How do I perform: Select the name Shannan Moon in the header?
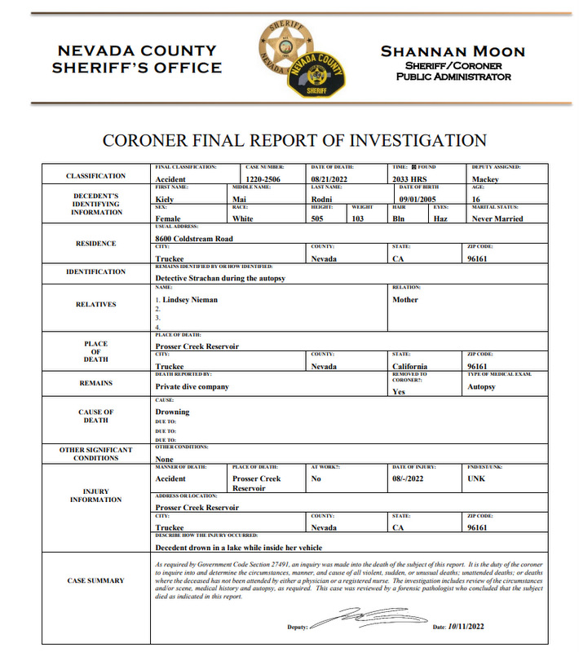click(x=453, y=51)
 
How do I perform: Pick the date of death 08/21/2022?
click(x=334, y=179)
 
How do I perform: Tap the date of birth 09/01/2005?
click(x=421, y=199)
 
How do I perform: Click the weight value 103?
click(x=357, y=218)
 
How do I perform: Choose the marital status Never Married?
click(x=497, y=218)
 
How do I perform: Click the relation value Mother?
click(x=405, y=299)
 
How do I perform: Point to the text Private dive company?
click(x=192, y=386)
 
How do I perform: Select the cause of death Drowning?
click(x=172, y=412)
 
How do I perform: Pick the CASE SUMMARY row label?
click(x=96, y=580)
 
